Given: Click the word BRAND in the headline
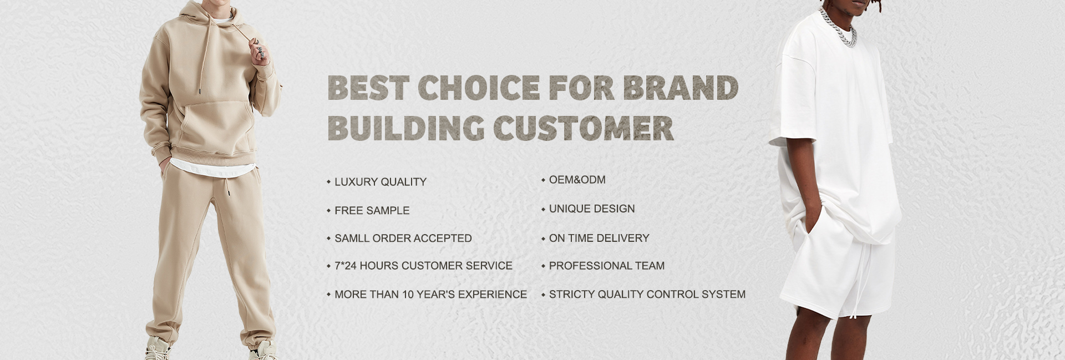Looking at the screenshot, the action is click(680, 87).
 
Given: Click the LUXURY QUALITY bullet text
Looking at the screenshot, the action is click(381, 182).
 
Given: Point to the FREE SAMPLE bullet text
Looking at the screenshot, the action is click(372, 211).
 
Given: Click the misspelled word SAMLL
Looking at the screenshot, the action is click(352, 239).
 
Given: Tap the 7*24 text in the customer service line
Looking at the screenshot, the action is click(346, 266).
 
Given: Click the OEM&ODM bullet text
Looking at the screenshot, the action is click(577, 180).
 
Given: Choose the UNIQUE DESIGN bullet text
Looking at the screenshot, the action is click(592, 209).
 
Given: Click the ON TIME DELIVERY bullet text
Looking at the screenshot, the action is click(599, 239).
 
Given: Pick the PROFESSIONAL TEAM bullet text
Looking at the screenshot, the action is click(607, 266).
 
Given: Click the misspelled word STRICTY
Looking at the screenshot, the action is click(571, 295).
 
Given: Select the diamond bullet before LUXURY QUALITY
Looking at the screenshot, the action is click(328, 182).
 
